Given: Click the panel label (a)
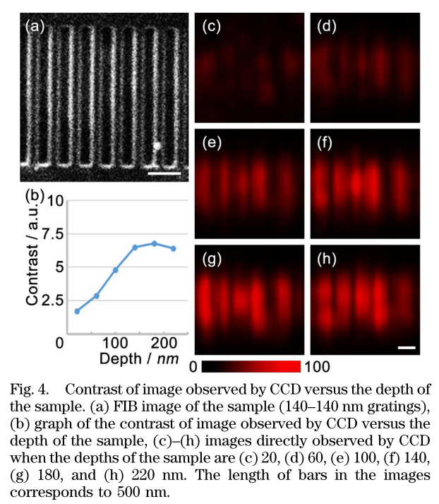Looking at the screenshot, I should [35, 28].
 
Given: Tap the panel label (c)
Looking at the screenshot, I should [212, 28].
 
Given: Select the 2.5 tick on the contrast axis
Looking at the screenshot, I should [56, 300].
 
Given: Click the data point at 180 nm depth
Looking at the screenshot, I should [154, 243].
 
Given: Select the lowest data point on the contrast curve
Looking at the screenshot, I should [77, 311].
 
